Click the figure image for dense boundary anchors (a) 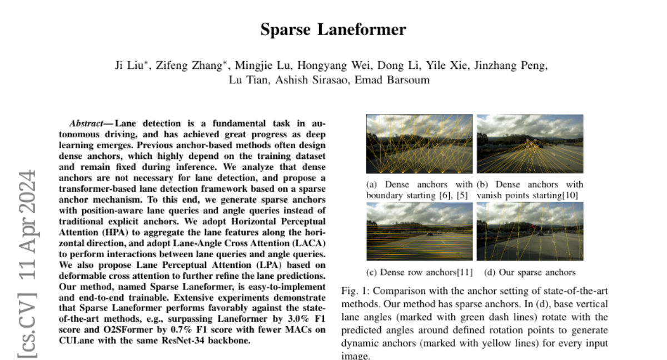tap(419, 144)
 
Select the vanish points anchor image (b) tap(530, 144)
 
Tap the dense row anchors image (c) tap(419, 231)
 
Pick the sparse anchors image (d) tap(530, 231)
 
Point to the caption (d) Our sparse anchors tap(530, 272)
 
